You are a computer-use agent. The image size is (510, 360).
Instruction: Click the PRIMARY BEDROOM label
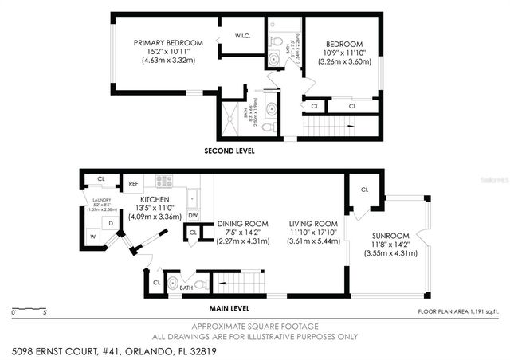pos(168,42)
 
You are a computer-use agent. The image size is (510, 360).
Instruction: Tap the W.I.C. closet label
pos(243,36)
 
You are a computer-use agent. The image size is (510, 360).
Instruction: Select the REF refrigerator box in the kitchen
pos(134,183)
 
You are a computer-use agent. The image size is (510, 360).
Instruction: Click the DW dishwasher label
pos(193,215)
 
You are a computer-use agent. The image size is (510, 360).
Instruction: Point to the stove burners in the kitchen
pos(164,181)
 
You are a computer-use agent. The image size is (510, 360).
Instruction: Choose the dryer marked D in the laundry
pos(112,223)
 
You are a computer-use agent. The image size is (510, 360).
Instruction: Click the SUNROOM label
pos(390,237)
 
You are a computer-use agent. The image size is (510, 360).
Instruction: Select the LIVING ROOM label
pos(311,225)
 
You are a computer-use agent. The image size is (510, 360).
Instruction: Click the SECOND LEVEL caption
pos(229,150)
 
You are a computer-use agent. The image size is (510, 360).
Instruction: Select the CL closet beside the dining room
pos(193,233)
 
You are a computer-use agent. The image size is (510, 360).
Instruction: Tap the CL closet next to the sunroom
pos(364,190)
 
